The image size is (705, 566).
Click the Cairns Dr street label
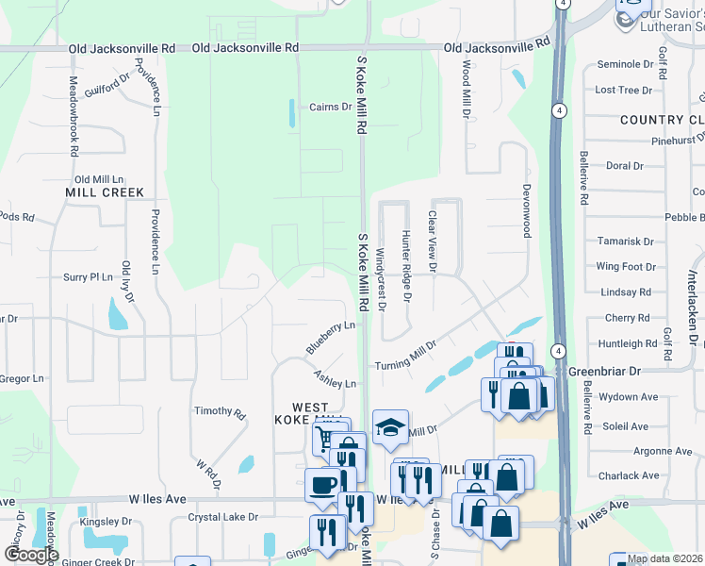coord(330,107)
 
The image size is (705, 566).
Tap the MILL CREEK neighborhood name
coord(105,192)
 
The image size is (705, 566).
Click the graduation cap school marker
coord(390,429)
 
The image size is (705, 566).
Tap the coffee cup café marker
coord(323,485)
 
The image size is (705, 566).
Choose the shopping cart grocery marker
coord(324,438)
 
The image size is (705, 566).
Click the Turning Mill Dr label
coord(406,356)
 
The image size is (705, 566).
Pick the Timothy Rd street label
coord(220,412)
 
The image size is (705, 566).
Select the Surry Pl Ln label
coord(88,277)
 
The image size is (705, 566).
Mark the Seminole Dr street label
coord(625,64)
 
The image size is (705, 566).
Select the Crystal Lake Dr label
coord(222,517)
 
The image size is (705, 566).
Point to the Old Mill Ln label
coord(99,179)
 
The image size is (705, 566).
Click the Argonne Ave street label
coord(636,451)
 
